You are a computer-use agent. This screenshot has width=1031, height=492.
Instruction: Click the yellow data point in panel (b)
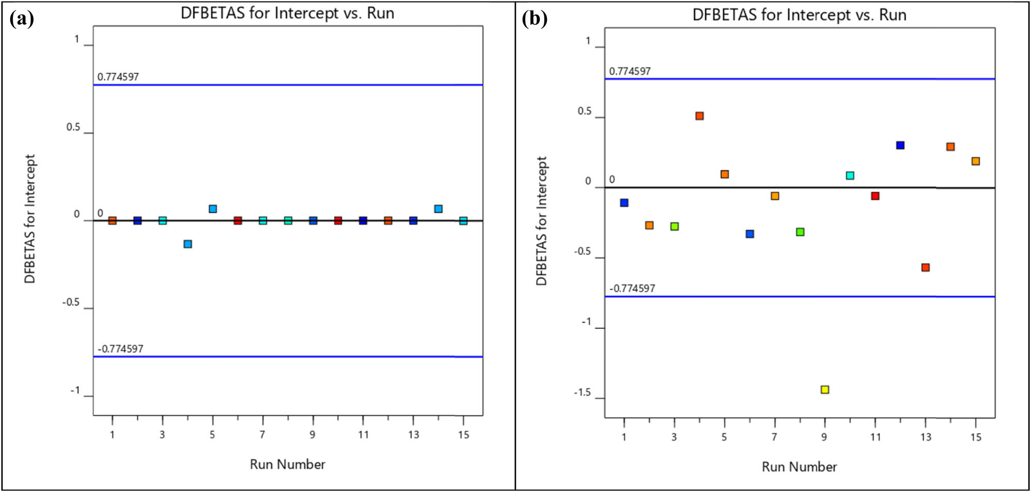(825, 389)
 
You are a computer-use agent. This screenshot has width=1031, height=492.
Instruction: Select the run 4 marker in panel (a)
(188, 244)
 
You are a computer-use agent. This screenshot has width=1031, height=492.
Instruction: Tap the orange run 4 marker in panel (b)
(700, 116)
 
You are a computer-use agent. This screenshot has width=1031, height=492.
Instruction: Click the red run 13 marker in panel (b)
(925, 267)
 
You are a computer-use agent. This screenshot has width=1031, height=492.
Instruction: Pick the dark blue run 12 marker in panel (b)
(900, 145)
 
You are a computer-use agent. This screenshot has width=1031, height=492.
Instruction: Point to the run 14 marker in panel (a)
(438, 209)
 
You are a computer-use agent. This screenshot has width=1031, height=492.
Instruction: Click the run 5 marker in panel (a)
(213, 209)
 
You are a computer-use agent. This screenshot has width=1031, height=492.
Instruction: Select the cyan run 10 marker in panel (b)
(850, 176)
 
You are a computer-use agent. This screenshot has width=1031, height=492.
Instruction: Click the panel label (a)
(22, 19)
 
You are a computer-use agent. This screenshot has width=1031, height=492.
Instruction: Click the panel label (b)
(534, 19)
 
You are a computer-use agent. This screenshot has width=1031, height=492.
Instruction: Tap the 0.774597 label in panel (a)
(118, 77)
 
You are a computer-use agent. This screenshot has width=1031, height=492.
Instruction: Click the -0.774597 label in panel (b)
(632, 289)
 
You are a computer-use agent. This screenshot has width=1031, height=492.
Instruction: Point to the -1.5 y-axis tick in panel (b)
(583, 393)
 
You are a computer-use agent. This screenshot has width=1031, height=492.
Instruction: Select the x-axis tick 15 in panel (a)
(463, 435)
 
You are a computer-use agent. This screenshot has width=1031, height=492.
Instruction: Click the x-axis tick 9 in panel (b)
(824, 437)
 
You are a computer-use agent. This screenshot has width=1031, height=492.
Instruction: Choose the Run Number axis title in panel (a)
(287, 465)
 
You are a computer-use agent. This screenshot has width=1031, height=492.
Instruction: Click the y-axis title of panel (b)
(541, 221)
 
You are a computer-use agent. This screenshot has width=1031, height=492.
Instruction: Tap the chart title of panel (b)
(799, 15)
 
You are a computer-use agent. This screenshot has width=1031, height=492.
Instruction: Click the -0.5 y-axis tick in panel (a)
(71, 302)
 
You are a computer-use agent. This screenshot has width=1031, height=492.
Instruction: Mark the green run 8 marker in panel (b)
(800, 232)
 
